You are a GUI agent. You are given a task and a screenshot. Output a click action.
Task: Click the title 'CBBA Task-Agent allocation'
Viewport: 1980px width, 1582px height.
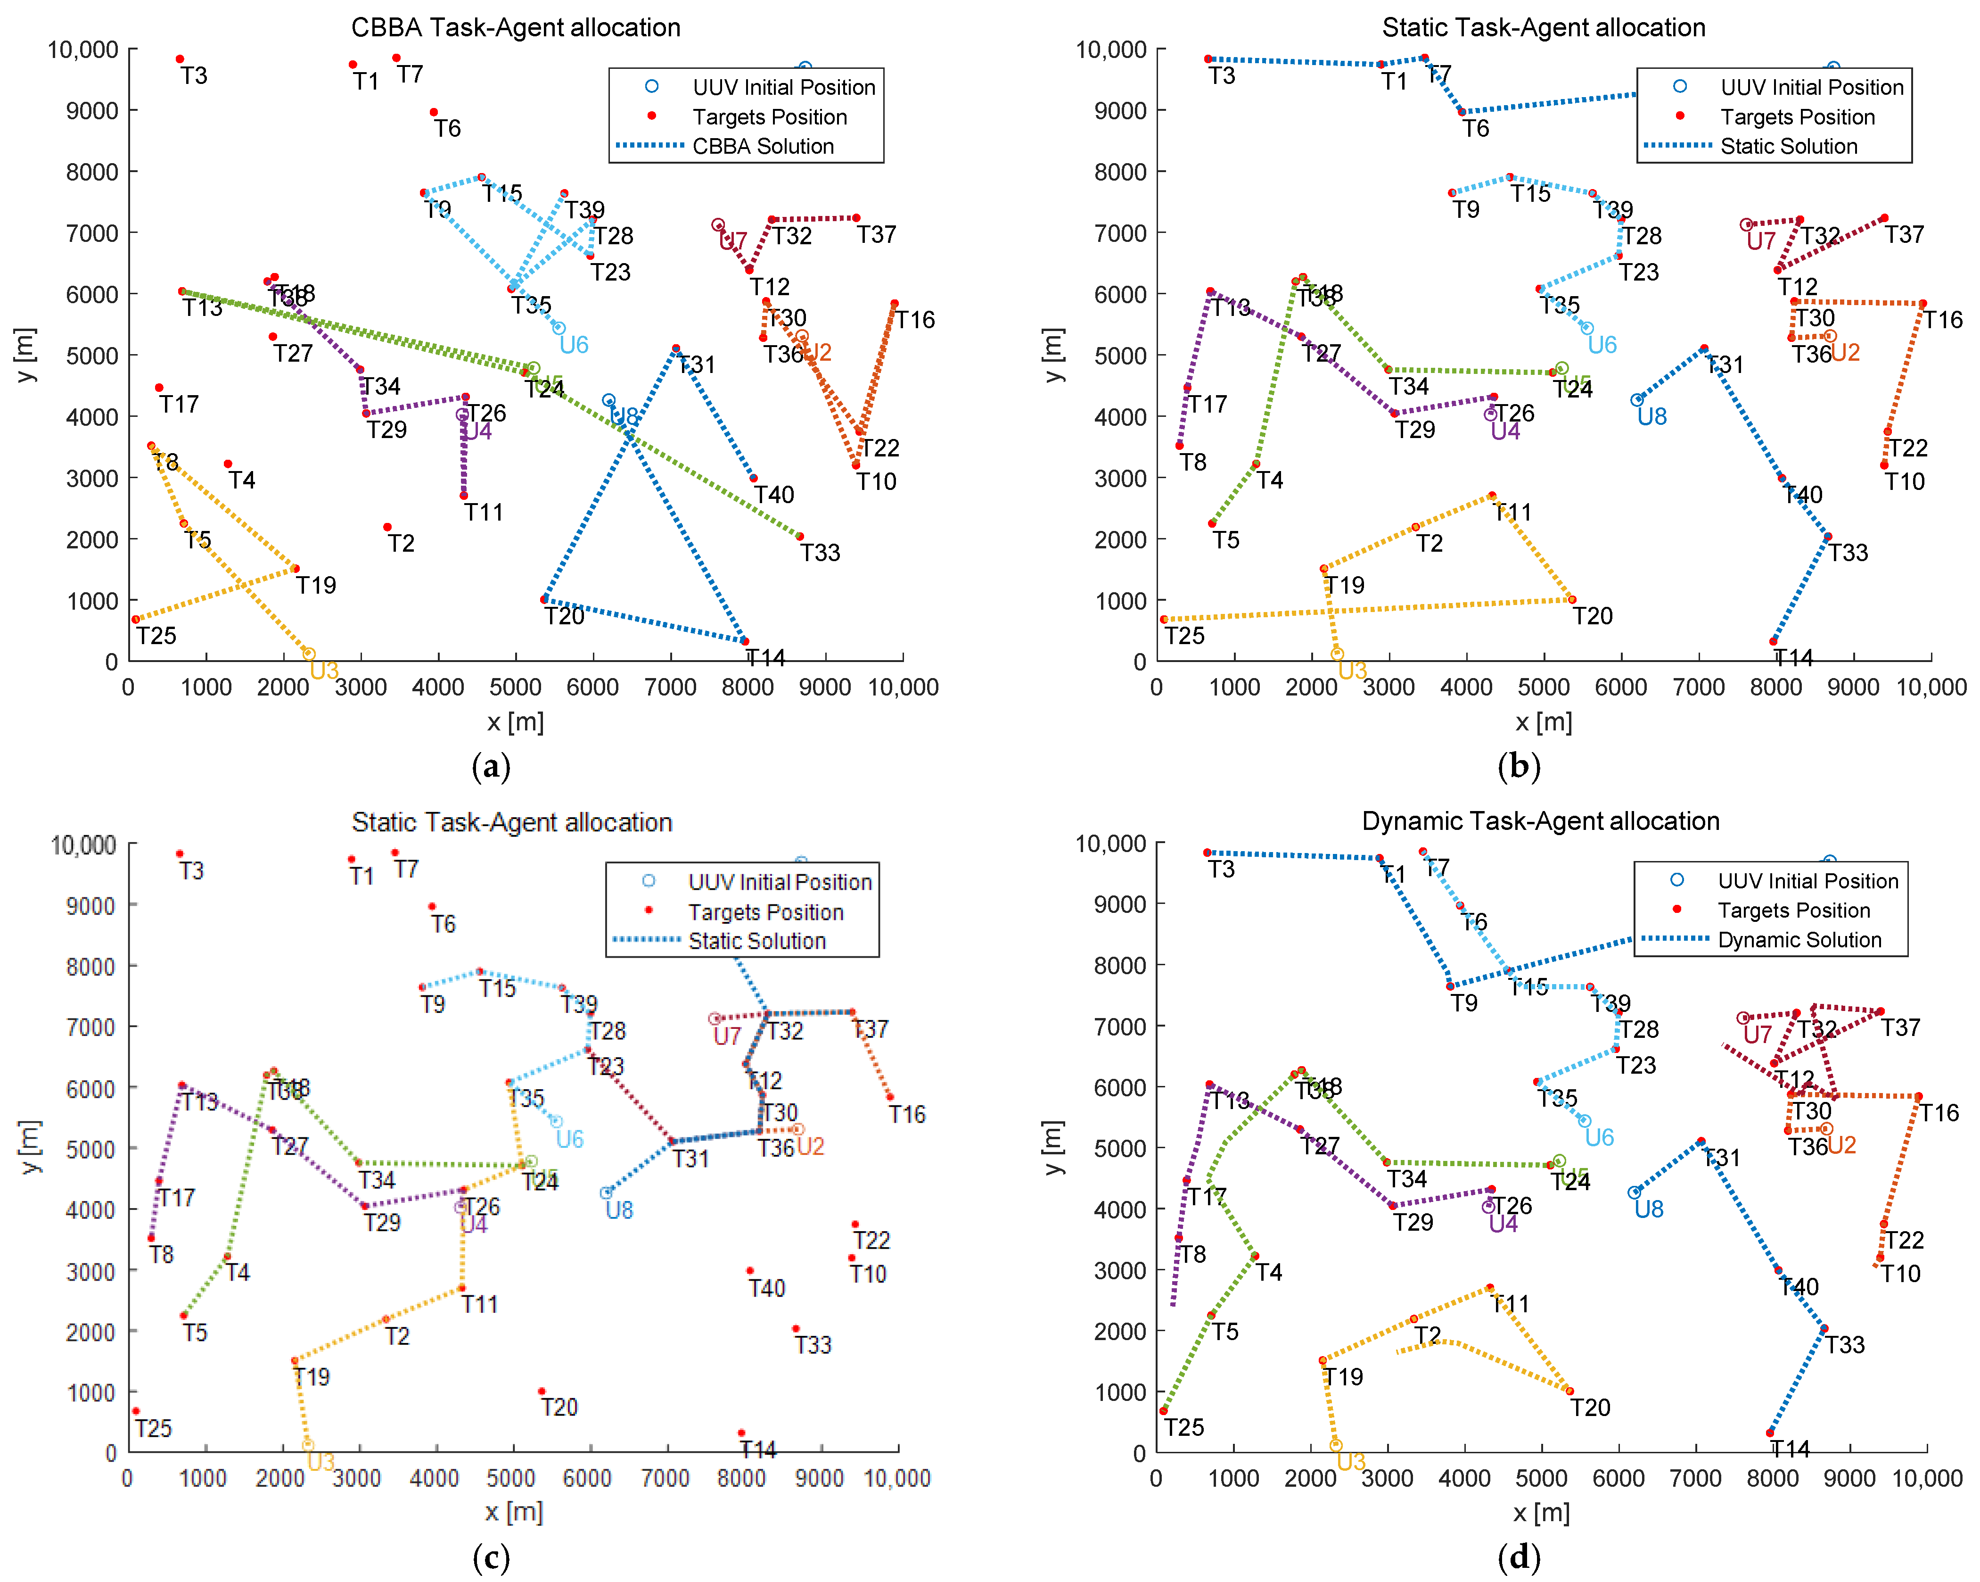(515, 27)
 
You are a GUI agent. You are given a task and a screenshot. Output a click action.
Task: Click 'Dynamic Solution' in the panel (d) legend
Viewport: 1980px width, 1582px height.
(1799, 940)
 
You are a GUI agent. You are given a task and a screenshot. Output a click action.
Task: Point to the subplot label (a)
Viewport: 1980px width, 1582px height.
(491, 765)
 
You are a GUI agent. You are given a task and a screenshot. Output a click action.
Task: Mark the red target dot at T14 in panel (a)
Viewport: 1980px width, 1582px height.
(745, 641)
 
